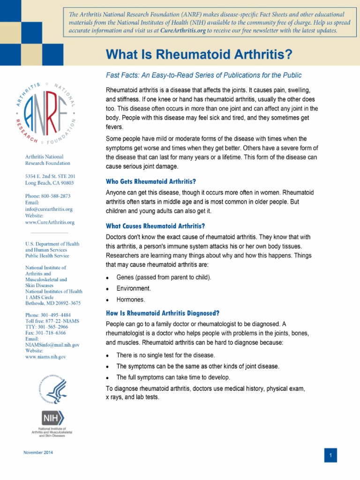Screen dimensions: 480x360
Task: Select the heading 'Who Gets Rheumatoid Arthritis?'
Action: click(151, 181)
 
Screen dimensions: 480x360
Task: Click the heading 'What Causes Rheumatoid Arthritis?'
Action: click(156, 226)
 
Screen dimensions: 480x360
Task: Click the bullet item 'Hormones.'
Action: click(131, 300)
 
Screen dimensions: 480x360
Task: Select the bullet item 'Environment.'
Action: click(134, 288)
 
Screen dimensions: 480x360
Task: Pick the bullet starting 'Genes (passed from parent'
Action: click(164, 277)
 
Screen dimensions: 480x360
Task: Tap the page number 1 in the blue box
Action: click(330, 455)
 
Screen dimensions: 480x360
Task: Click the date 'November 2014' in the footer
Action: click(38, 452)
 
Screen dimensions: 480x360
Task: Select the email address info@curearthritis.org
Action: click(49, 209)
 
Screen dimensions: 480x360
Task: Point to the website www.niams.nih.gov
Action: click(45, 357)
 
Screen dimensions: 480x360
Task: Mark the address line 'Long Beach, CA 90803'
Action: click(49, 183)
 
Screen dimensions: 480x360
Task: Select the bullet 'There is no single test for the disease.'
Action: click(165, 355)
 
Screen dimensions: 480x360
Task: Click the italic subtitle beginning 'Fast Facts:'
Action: click(204, 75)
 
